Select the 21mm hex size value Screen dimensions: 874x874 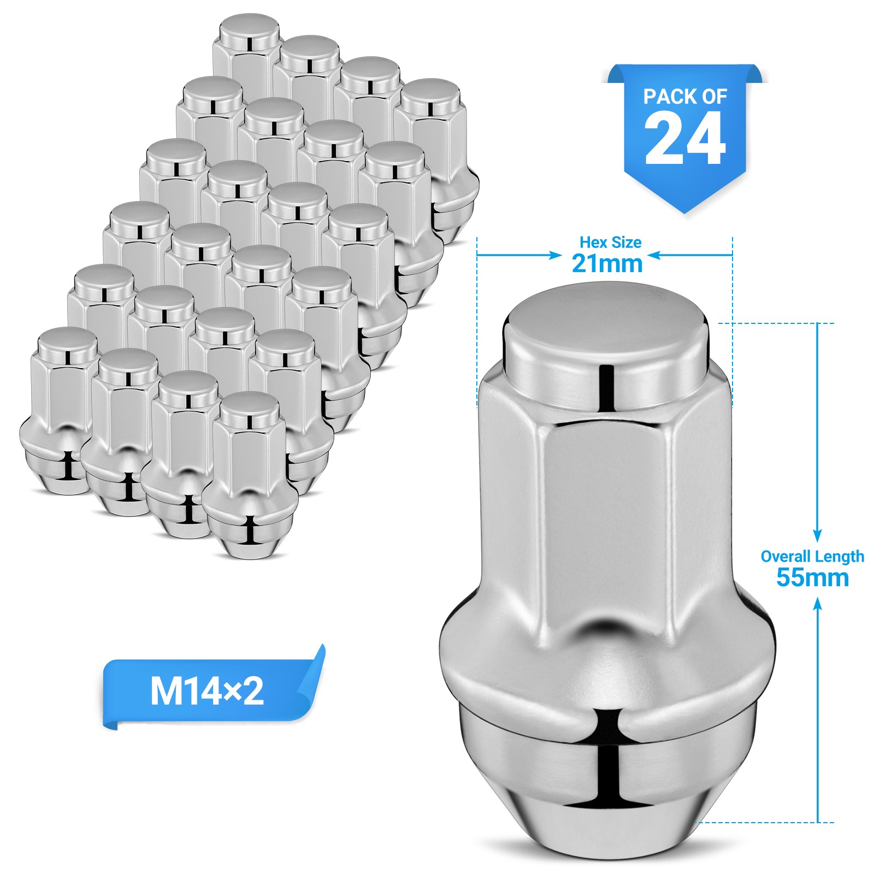coord(607,264)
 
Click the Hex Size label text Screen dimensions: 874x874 coord(610,242)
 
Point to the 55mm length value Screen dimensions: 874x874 coord(812,578)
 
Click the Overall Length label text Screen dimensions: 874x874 coord(812,557)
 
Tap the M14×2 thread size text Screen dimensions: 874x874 coord(206,692)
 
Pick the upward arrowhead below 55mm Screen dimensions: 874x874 coord(817,603)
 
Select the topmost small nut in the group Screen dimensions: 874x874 coord(248,49)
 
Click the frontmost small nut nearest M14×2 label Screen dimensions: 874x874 coord(249,475)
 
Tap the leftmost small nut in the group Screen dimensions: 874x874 coord(55,415)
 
